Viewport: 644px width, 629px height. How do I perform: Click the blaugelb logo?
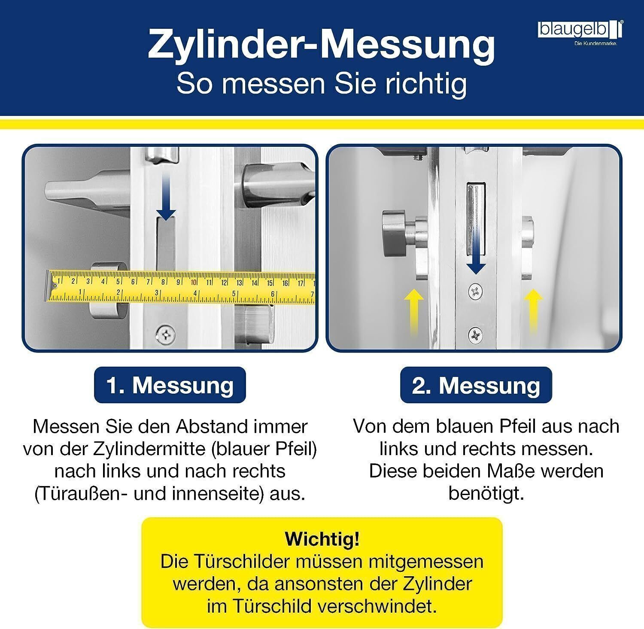(581, 33)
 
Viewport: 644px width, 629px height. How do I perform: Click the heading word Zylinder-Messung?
(322, 45)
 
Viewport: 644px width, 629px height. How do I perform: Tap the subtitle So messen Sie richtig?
(322, 84)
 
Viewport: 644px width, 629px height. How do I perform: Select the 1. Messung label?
(170, 385)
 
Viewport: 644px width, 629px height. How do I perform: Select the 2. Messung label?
(476, 385)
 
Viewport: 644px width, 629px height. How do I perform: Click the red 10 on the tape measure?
(194, 282)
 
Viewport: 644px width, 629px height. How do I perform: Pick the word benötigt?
(486, 494)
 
